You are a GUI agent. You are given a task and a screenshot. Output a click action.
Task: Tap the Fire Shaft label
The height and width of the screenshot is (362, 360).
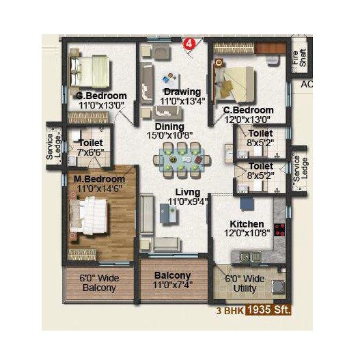click(x=299, y=57)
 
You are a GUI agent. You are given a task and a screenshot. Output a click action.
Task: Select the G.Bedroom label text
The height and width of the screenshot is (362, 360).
click(x=101, y=96)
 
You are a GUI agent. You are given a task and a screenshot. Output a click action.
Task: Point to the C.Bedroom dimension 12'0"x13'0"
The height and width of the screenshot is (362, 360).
click(x=249, y=120)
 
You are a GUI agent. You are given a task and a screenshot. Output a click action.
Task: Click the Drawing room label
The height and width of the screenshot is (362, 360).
click(x=182, y=92)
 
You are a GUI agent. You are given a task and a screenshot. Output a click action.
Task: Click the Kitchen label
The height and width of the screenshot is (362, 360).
click(x=247, y=224)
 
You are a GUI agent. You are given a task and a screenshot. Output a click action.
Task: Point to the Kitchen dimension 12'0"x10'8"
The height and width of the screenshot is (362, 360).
click(x=247, y=233)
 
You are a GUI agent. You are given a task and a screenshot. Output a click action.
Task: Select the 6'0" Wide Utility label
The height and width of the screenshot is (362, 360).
click(x=245, y=283)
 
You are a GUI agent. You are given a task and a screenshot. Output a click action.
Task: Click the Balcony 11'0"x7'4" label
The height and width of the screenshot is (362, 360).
click(x=171, y=279)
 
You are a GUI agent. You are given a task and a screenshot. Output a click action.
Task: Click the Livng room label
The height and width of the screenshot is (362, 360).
click(x=187, y=193)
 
